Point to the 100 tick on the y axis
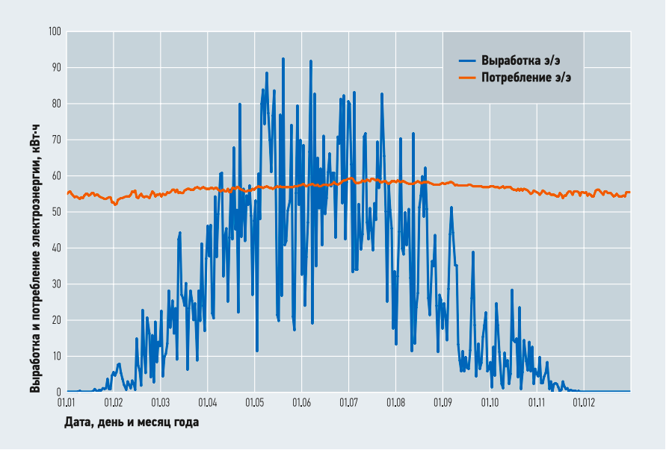pyautogui.click(x=54, y=32)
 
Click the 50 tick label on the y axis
pyautogui.click(x=56, y=212)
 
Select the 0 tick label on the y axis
pyautogui.click(x=58, y=392)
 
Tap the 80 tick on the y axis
pyautogui.click(x=56, y=104)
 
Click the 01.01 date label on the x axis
pyautogui.click(x=67, y=403)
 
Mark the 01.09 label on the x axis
pyautogui.click(x=443, y=403)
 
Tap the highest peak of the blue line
pyautogui.click(x=283, y=59)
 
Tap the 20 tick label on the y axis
pyautogui.click(x=56, y=320)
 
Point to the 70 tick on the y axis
pyautogui.click(x=56, y=140)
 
